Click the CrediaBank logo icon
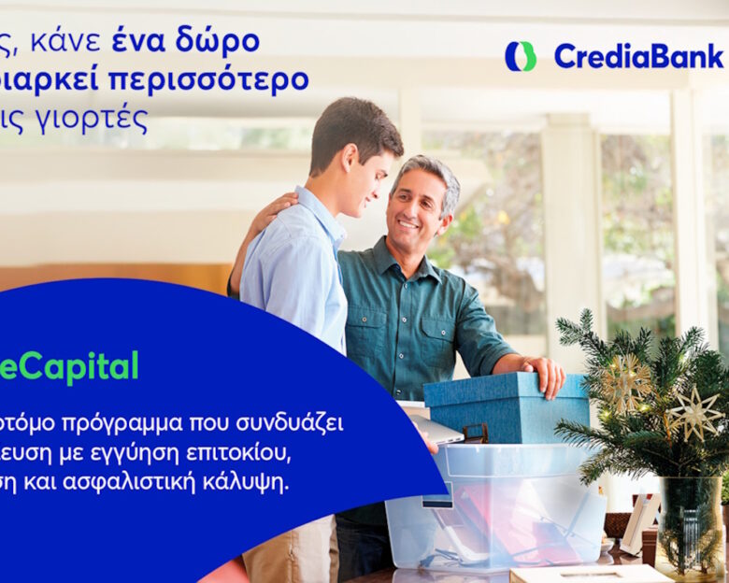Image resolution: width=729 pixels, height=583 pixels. click(521, 56)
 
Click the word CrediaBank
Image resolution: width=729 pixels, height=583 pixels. click(638, 56)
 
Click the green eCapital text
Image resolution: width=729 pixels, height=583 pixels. click(69, 367)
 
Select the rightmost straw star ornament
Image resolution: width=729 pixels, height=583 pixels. click(696, 412)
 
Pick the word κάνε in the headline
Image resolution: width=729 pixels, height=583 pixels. click(69, 43)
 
